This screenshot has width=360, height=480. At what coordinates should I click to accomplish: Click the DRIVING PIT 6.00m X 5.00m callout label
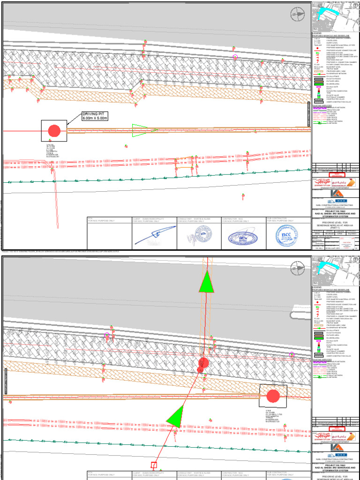point(95,116)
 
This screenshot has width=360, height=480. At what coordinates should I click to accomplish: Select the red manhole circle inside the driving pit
point(54,131)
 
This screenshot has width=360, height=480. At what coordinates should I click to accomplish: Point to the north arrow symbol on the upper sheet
point(297,15)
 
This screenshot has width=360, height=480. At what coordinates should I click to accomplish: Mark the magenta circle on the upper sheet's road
point(235,57)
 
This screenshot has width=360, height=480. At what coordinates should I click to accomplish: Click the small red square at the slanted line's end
point(153,465)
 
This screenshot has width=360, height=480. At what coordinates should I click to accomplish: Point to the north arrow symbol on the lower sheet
point(297,268)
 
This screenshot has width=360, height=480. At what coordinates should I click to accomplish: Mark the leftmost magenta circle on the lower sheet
point(107,335)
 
